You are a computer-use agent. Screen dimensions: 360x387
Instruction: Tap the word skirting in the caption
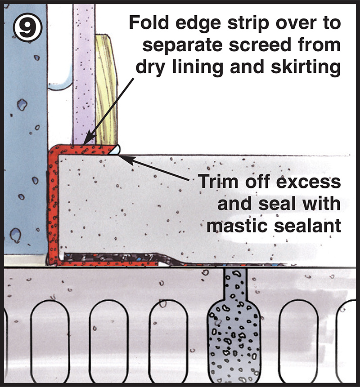(x=306, y=67)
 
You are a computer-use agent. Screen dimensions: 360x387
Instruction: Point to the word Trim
(x=218, y=182)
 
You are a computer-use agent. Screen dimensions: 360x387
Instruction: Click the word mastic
(x=238, y=226)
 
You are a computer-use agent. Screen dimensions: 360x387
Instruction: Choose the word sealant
(x=308, y=226)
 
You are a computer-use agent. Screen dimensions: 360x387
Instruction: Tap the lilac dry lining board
(x=84, y=74)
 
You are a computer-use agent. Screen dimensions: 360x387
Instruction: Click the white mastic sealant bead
(x=115, y=150)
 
